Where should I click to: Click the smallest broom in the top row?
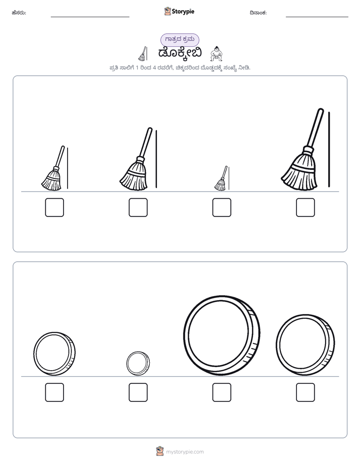point(221,179)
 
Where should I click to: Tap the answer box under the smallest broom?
point(222,207)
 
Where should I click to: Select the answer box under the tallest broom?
point(306,207)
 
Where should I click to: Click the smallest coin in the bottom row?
point(138,363)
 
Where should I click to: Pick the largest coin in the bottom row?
point(221,335)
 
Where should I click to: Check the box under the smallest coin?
point(138,392)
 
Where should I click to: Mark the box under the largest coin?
point(222,392)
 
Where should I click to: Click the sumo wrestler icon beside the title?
point(216,53)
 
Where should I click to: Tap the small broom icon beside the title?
point(143,53)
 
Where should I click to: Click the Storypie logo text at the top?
point(183,12)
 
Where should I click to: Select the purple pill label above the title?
point(179,39)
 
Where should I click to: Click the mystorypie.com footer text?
point(185,452)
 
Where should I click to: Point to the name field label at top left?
point(19,13)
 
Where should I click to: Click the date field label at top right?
point(258,13)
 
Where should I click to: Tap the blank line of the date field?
point(317,17)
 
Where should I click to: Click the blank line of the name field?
point(90,17)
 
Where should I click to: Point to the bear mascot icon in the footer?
point(160,451)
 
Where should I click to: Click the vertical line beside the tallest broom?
point(329,149)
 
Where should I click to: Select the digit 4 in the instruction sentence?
point(154,68)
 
